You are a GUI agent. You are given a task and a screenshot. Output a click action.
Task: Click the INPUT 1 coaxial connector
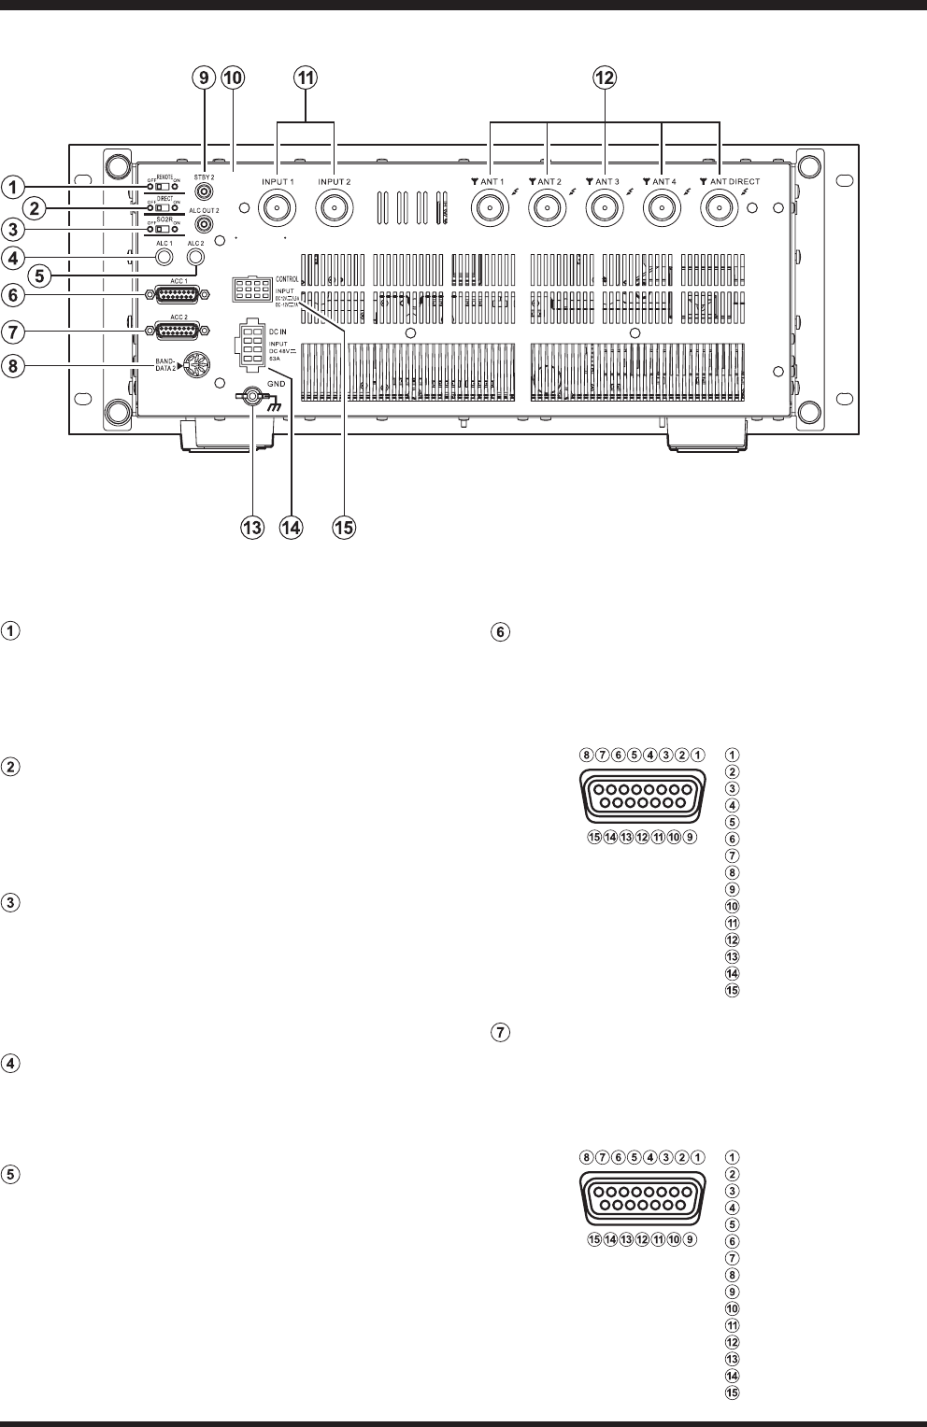(x=277, y=206)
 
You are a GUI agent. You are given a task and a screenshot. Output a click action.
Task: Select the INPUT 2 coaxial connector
(x=334, y=206)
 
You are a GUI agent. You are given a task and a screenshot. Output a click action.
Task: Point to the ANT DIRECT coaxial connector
(x=720, y=206)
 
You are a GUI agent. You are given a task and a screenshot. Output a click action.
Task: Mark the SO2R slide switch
(x=165, y=229)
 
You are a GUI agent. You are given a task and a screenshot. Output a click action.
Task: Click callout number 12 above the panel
(x=605, y=79)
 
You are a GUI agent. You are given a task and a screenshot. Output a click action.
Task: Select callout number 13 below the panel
(x=252, y=528)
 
